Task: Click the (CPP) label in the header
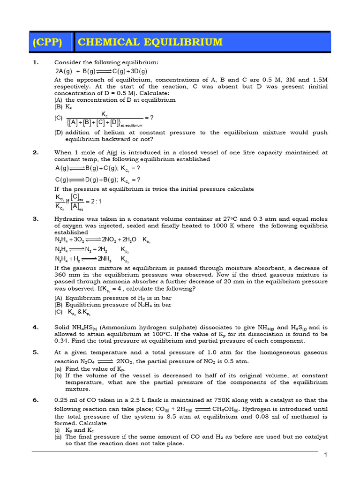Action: [x=47, y=42]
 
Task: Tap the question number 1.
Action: [x=35, y=62]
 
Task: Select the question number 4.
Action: [x=35, y=327]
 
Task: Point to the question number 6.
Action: [x=35, y=400]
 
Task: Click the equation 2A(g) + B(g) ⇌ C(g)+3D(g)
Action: [x=101, y=71]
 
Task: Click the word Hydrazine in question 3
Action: [x=69, y=219]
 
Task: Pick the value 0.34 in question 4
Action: [x=60, y=340]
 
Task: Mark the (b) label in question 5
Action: [x=58, y=375]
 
